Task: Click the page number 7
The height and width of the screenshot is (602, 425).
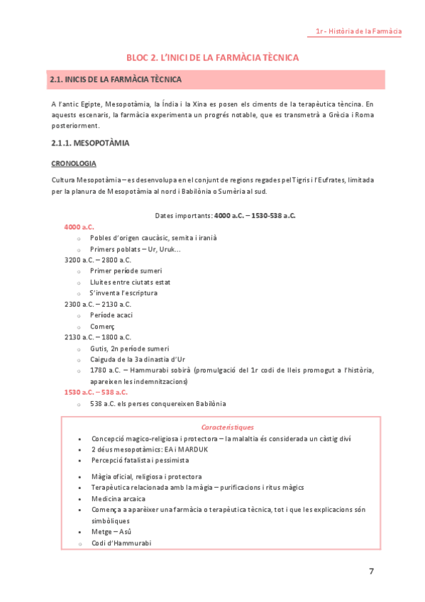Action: pos(371,571)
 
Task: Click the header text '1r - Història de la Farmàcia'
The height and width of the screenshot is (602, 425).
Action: pos(359,31)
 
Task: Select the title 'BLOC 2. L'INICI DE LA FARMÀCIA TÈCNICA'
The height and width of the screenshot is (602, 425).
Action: pos(212,57)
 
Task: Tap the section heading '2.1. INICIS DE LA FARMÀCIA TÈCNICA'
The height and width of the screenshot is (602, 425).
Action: pos(116,80)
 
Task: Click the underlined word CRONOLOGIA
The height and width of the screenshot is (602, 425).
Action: pos(74,163)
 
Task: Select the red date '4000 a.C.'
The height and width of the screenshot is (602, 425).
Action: pos(79,226)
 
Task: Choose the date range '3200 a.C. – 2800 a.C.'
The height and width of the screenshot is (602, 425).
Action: pos(98,260)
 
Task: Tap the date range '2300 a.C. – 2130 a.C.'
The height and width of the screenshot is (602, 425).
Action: pos(98,304)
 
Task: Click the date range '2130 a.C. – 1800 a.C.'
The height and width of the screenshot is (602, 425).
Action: pos(98,337)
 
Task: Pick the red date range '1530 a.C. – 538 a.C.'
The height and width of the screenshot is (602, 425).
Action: pos(96,392)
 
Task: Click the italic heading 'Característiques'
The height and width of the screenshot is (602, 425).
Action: pos(227,427)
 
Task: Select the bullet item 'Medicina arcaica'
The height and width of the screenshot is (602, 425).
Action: pos(118,498)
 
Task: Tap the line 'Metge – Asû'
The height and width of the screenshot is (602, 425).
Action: pos(111,532)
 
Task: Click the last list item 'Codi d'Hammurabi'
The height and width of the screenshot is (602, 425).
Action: pos(121,543)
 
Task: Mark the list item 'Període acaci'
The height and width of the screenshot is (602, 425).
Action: pos(111,315)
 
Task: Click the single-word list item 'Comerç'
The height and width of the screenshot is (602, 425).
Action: pos(102,326)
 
